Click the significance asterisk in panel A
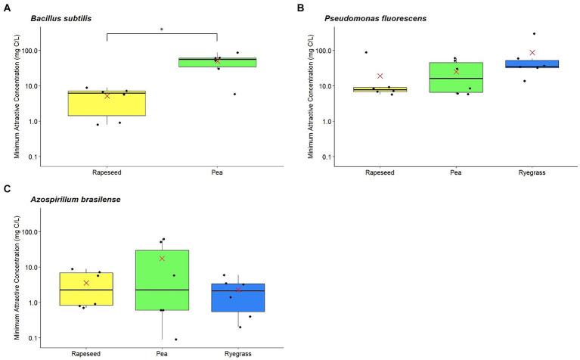point(162,30)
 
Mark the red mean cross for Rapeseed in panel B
point(380,76)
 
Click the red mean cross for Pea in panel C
point(162,259)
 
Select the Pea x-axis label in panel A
point(217,171)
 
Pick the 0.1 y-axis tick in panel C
point(33,338)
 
